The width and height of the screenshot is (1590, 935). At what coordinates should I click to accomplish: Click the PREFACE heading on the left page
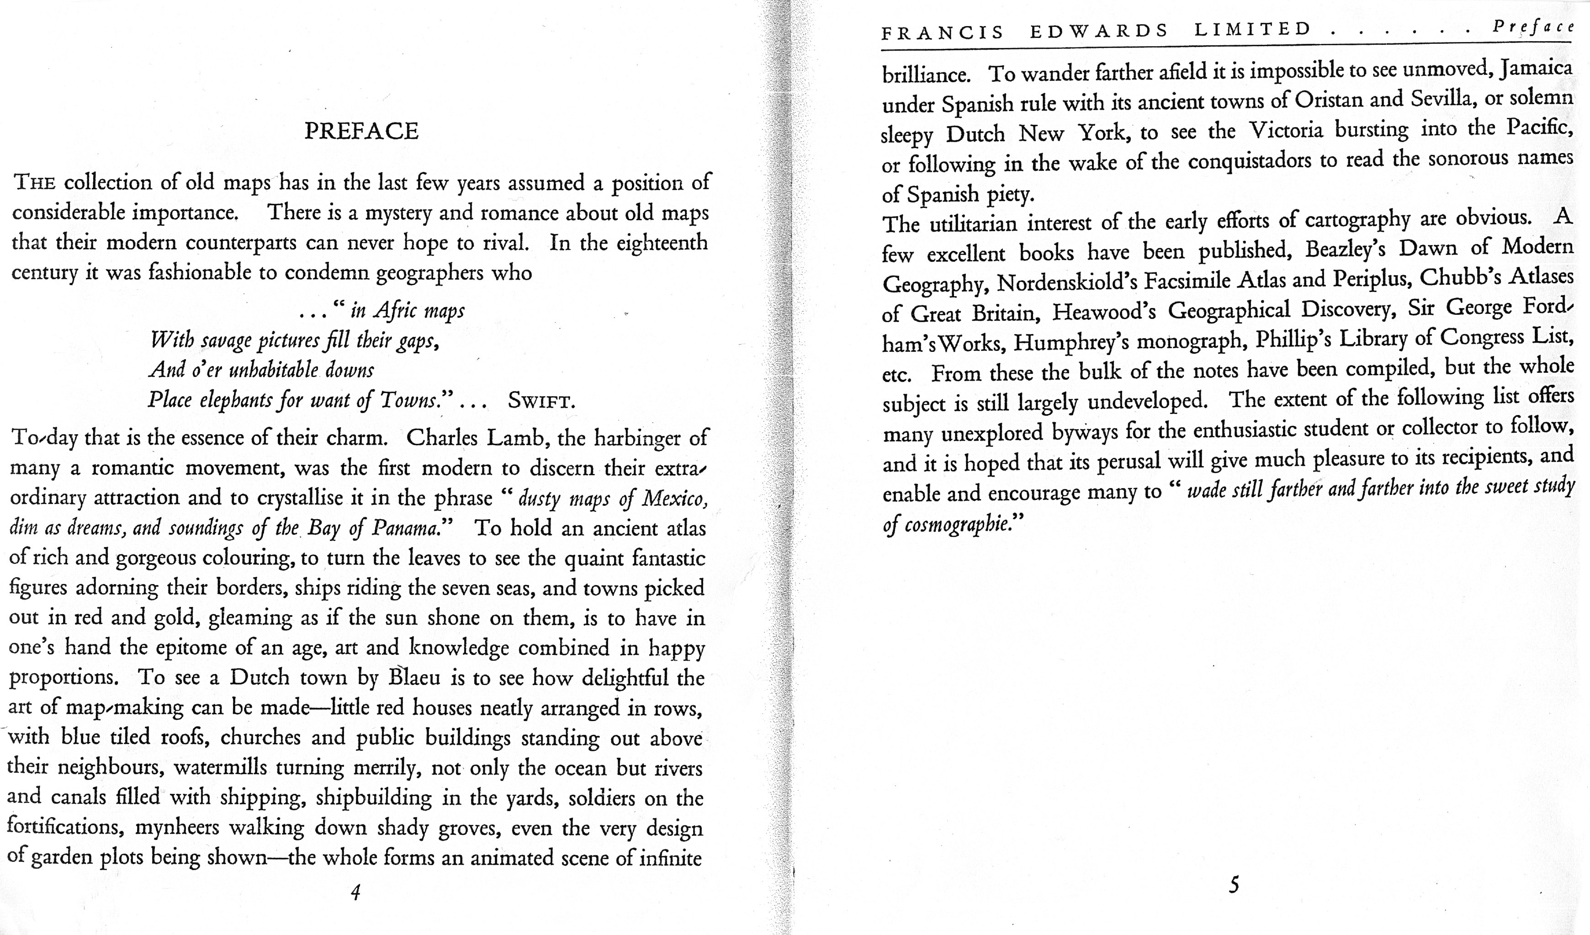[x=361, y=131]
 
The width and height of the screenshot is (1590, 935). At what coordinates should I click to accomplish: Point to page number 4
[x=355, y=892]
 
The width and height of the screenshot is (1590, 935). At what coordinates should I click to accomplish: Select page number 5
[x=1234, y=885]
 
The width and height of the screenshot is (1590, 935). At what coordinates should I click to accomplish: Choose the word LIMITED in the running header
[x=1253, y=29]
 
